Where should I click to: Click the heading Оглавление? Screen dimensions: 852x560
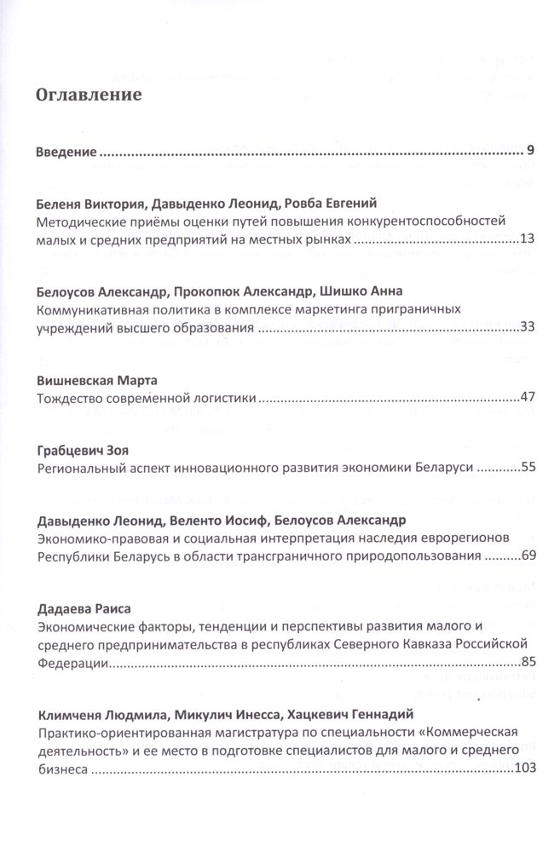coord(88,95)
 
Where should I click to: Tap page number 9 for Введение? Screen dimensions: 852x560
coord(529,153)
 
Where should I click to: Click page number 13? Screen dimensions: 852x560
coord(526,239)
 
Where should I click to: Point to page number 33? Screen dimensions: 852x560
coord(526,327)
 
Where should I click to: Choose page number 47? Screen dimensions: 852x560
coord(526,397)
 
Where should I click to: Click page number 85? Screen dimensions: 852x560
coord(526,661)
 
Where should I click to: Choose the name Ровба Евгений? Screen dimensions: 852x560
coord(333,203)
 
